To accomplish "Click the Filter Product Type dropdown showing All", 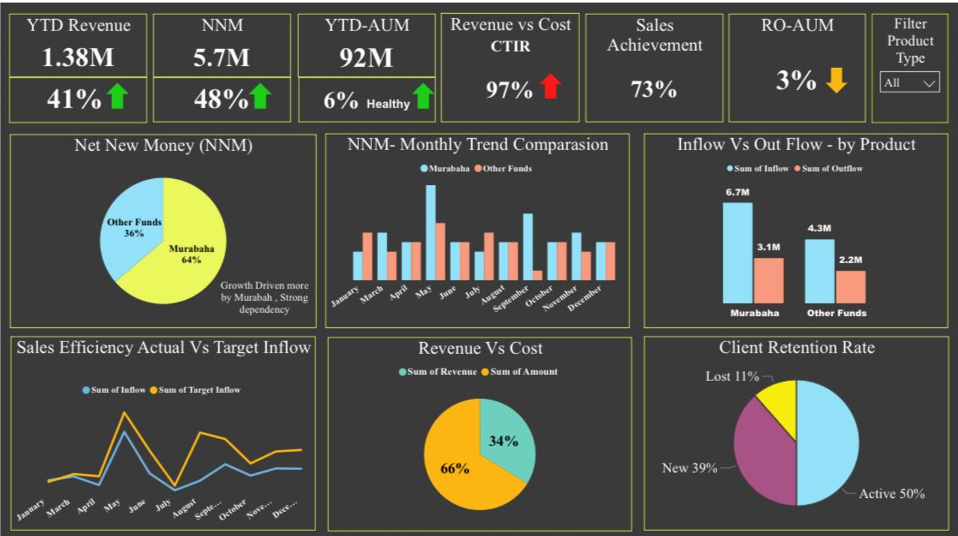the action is pyautogui.click(x=910, y=82).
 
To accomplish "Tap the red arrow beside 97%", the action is pyautogui.click(x=551, y=86).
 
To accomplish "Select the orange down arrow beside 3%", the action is pyautogui.click(x=836, y=80).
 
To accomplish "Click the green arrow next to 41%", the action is pyautogui.click(x=117, y=96).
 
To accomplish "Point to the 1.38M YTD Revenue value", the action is pyautogui.click(x=78, y=57).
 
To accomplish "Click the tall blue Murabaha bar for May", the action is pyautogui.click(x=431, y=233).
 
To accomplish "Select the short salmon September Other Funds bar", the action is pyautogui.click(x=538, y=275).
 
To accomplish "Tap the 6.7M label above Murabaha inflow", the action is pyautogui.click(x=737, y=193).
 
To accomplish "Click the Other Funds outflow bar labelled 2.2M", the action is pyautogui.click(x=851, y=287).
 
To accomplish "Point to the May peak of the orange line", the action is pyautogui.click(x=124, y=413).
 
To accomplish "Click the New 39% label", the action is pyautogui.click(x=689, y=468).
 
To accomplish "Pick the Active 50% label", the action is pyautogui.click(x=892, y=494).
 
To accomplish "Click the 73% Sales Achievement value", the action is pyautogui.click(x=654, y=89).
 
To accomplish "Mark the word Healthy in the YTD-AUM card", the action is pyautogui.click(x=389, y=104).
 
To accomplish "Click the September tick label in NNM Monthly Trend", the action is pyautogui.click(x=511, y=299).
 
